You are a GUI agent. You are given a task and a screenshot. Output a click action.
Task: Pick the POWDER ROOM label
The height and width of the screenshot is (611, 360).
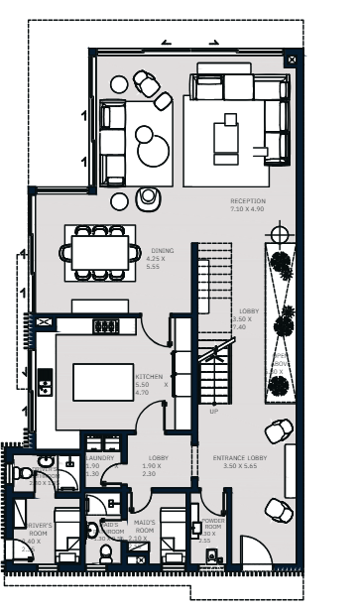tap(212, 532)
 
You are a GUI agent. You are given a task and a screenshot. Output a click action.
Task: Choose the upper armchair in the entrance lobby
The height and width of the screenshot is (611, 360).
tap(281, 431)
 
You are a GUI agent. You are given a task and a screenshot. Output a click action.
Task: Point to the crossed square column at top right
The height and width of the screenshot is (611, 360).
tap(290, 61)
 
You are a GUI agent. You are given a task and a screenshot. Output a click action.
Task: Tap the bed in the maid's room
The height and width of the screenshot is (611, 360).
tap(174, 536)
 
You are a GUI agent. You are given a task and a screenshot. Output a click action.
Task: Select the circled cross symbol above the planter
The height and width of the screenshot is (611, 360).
tap(281, 235)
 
